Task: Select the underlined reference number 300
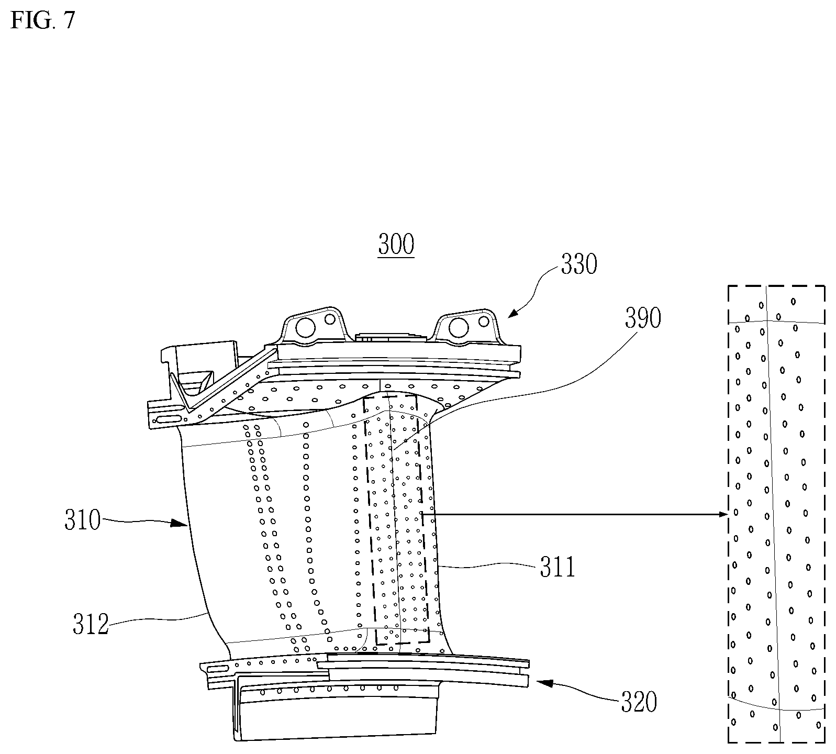coord(396,245)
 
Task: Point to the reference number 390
coord(643,317)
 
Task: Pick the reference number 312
coord(91,625)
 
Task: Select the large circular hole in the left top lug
coord(304,328)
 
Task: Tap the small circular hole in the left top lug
coord(330,318)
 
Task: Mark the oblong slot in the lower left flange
coord(219,669)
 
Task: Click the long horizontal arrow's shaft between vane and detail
coord(576,515)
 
